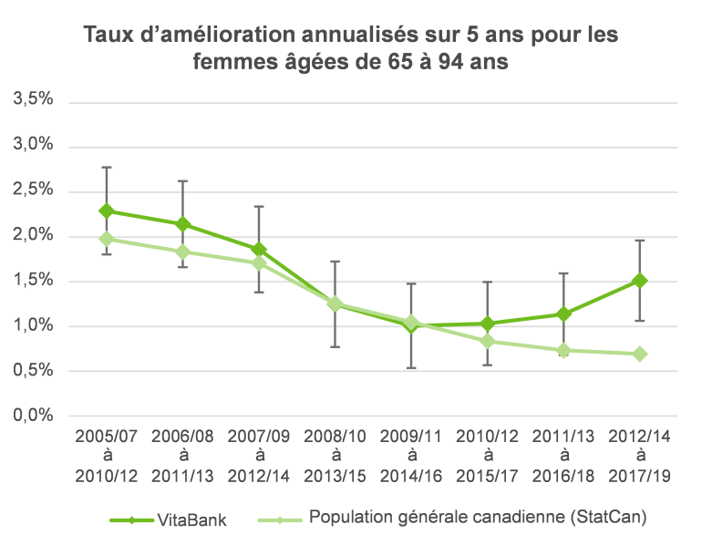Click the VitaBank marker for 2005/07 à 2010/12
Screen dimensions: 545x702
tap(107, 211)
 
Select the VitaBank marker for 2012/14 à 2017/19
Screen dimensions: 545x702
tap(640, 281)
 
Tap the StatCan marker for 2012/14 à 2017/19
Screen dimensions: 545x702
tap(640, 354)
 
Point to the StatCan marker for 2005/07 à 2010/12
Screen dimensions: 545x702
tap(107, 239)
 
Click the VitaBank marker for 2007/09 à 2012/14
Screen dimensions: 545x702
tap(259, 249)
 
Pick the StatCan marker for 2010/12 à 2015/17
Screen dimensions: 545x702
tap(488, 341)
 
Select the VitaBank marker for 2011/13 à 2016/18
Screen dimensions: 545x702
tap(564, 314)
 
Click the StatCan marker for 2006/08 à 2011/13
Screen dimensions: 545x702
tap(182, 252)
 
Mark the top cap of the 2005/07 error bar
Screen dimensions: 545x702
tap(107, 168)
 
